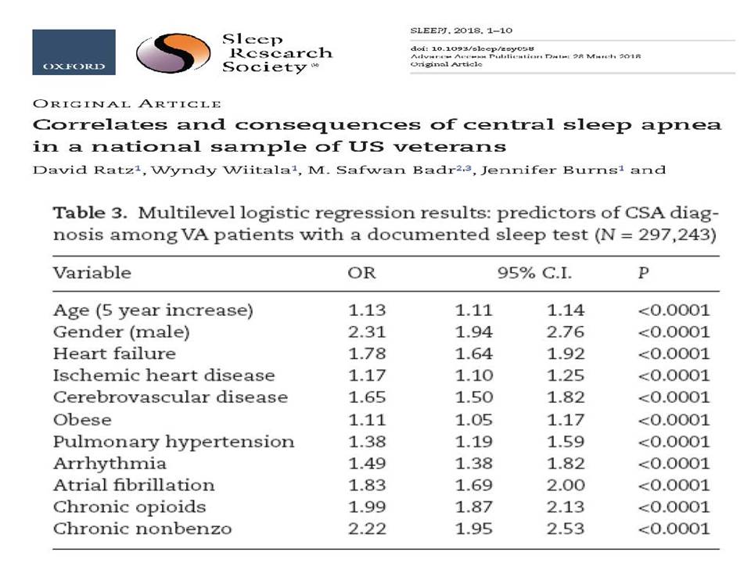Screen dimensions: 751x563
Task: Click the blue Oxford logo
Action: (74, 52)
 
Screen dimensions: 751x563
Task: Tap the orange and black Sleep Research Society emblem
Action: (173, 53)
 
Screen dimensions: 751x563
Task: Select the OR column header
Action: (361, 273)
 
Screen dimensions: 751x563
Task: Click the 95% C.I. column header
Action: (534, 273)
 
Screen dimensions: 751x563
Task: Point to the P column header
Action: (643, 273)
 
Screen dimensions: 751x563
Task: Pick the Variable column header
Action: (92, 273)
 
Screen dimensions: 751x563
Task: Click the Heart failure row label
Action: (114, 353)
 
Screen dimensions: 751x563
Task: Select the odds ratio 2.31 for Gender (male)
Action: (367, 332)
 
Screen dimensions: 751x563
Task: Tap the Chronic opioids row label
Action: (129, 507)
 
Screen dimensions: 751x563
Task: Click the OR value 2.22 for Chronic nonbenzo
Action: (367, 529)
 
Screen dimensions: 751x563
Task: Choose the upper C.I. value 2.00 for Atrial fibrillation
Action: (566, 485)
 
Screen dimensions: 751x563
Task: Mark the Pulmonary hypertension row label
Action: (174, 441)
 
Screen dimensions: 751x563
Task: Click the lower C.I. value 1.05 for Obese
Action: (474, 420)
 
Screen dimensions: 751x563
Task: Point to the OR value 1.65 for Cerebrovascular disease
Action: (367, 397)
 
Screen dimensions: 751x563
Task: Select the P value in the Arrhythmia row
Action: (674, 464)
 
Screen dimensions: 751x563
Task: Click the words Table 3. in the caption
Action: (89, 213)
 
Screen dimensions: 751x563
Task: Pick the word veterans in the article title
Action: (450, 146)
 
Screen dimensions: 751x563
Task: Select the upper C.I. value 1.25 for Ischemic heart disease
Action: (566, 375)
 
